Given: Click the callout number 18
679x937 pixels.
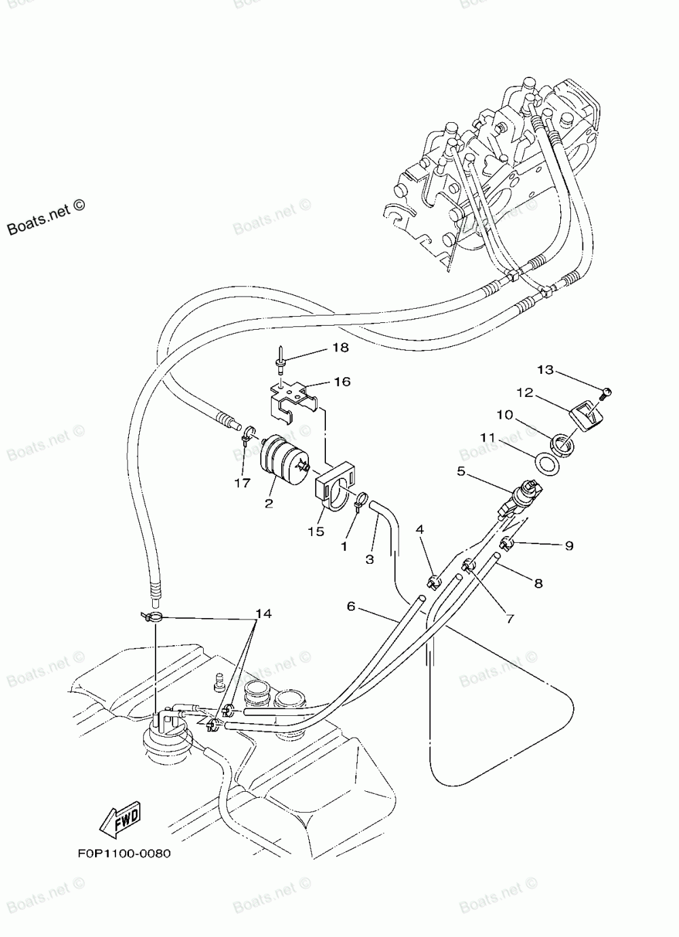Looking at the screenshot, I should pos(340,348).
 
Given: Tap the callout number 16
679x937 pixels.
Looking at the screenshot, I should pos(342,382).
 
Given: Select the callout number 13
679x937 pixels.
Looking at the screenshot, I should pos(545,370).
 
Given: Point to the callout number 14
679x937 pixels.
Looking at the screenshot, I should pos(263,613).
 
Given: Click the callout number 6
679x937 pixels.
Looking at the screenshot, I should pos(351,606).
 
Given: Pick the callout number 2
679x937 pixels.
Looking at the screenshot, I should pos(269,503).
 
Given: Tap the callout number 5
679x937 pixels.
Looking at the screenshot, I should pos(462,471).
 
